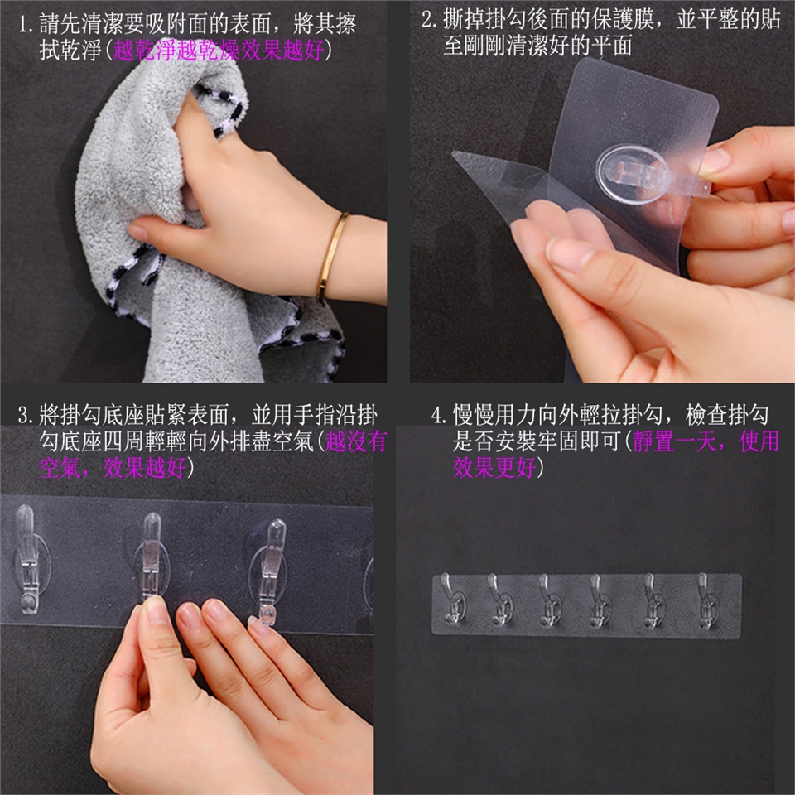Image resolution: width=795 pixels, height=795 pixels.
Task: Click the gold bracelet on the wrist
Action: coord(330,256)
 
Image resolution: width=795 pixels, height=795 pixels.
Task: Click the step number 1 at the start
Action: coord(23,24)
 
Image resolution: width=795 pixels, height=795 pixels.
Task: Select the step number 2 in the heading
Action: coord(427,19)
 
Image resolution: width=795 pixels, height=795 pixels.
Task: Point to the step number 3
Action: coord(23,415)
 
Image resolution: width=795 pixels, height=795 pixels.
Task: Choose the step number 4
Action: coord(437,415)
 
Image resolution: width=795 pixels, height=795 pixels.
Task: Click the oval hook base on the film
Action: coord(634,175)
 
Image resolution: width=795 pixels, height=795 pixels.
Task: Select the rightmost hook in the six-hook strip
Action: coord(706,601)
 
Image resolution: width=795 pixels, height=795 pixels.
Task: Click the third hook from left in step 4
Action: coord(550,601)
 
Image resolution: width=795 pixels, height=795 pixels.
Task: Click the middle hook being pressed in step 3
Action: coord(151,555)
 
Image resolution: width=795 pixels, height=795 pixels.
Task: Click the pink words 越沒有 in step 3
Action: coord(356,441)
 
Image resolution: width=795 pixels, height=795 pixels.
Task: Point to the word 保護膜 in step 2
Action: coord(623,19)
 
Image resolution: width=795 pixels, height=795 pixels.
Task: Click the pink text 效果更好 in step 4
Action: coord(494,467)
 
